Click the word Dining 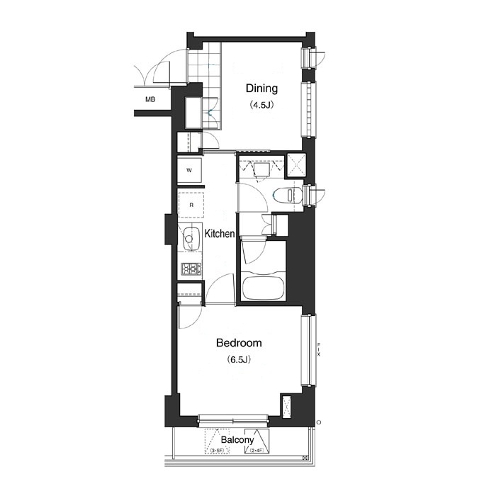pos(261,89)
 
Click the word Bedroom pos(239,343)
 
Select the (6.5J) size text pos(239,360)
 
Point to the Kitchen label pos(220,233)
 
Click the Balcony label pos(237,440)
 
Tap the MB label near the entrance pos(150,100)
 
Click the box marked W pos(190,170)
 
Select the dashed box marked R pos(190,205)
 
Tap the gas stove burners pos(190,269)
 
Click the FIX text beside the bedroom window pos(319,349)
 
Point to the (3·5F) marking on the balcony pos(216,451)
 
